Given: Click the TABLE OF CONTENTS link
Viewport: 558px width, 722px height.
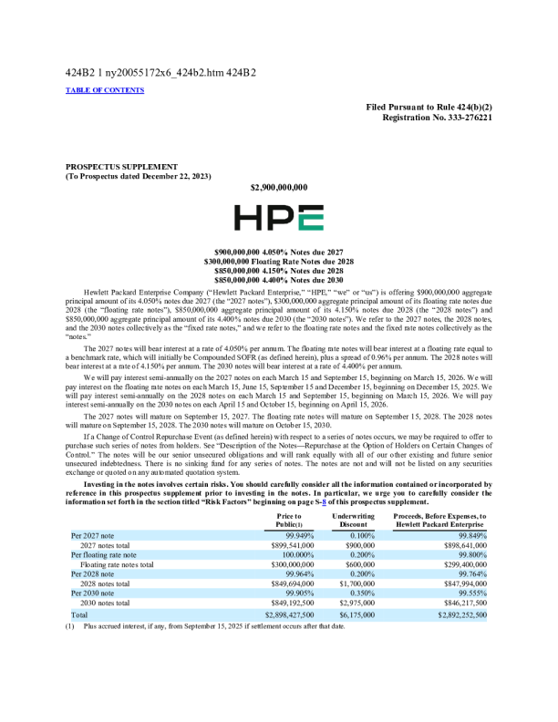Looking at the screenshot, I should pyautogui.click(x=105, y=90).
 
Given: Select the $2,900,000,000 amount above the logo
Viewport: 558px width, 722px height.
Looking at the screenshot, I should pyautogui.click(x=278, y=187).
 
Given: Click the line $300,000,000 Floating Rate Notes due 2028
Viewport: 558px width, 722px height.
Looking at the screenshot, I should pyautogui.click(x=278, y=261).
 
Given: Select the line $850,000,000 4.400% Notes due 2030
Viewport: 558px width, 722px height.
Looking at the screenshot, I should pyautogui.click(x=278, y=279).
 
